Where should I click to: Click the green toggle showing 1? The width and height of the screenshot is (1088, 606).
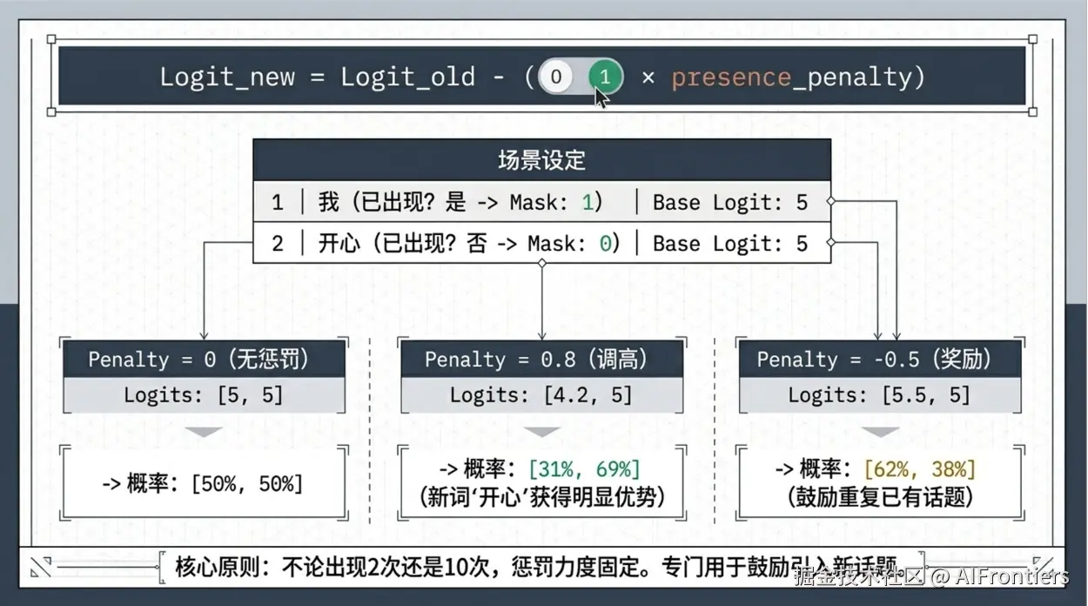[x=605, y=77]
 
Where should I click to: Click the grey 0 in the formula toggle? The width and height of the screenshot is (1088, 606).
[x=556, y=77]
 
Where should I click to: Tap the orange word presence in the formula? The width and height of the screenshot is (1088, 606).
[x=729, y=77]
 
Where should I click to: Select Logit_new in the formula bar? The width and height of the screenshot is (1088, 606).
[x=227, y=77]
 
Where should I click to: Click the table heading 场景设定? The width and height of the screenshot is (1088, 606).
[x=541, y=160]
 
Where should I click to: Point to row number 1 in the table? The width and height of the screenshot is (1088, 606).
[x=277, y=203]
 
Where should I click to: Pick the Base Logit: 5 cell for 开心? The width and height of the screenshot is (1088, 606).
[x=730, y=244]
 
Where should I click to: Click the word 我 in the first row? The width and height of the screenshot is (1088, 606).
[x=328, y=203]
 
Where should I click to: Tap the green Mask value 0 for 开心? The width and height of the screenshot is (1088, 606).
[x=605, y=244]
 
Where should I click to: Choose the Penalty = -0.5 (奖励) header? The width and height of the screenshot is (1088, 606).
[x=875, y=360]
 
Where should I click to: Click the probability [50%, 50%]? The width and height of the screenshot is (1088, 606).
[x=246, y=483]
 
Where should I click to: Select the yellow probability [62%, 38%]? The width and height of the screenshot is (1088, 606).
[x=920, y=470]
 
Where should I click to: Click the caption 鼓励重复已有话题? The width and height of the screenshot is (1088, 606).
[x=879, y=497]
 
